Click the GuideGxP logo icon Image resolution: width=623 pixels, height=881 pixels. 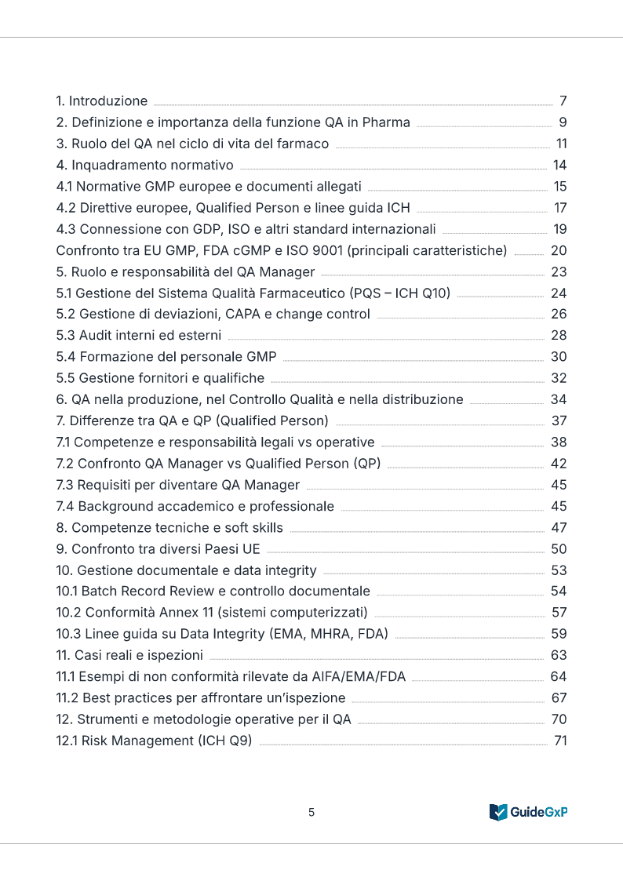[497, 812]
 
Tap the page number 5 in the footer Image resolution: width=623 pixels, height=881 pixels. [311, 812]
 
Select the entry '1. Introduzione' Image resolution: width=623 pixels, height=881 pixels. [102, 101]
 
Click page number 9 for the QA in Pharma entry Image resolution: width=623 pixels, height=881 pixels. [563, 122]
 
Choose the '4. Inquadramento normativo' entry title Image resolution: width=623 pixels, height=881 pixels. [145, 165]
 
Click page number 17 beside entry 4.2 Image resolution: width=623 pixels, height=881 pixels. [560, 208]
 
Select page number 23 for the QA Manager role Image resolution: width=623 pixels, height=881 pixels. [559, 272]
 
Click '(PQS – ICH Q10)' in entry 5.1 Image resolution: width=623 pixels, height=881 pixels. [399, 293]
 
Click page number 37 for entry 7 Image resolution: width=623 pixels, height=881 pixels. [559, 420]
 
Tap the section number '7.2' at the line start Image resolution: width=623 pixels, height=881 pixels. [64, 463]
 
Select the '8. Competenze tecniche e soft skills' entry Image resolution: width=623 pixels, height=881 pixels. [169, 527]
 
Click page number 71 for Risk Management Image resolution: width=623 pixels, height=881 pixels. [560, 740]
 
